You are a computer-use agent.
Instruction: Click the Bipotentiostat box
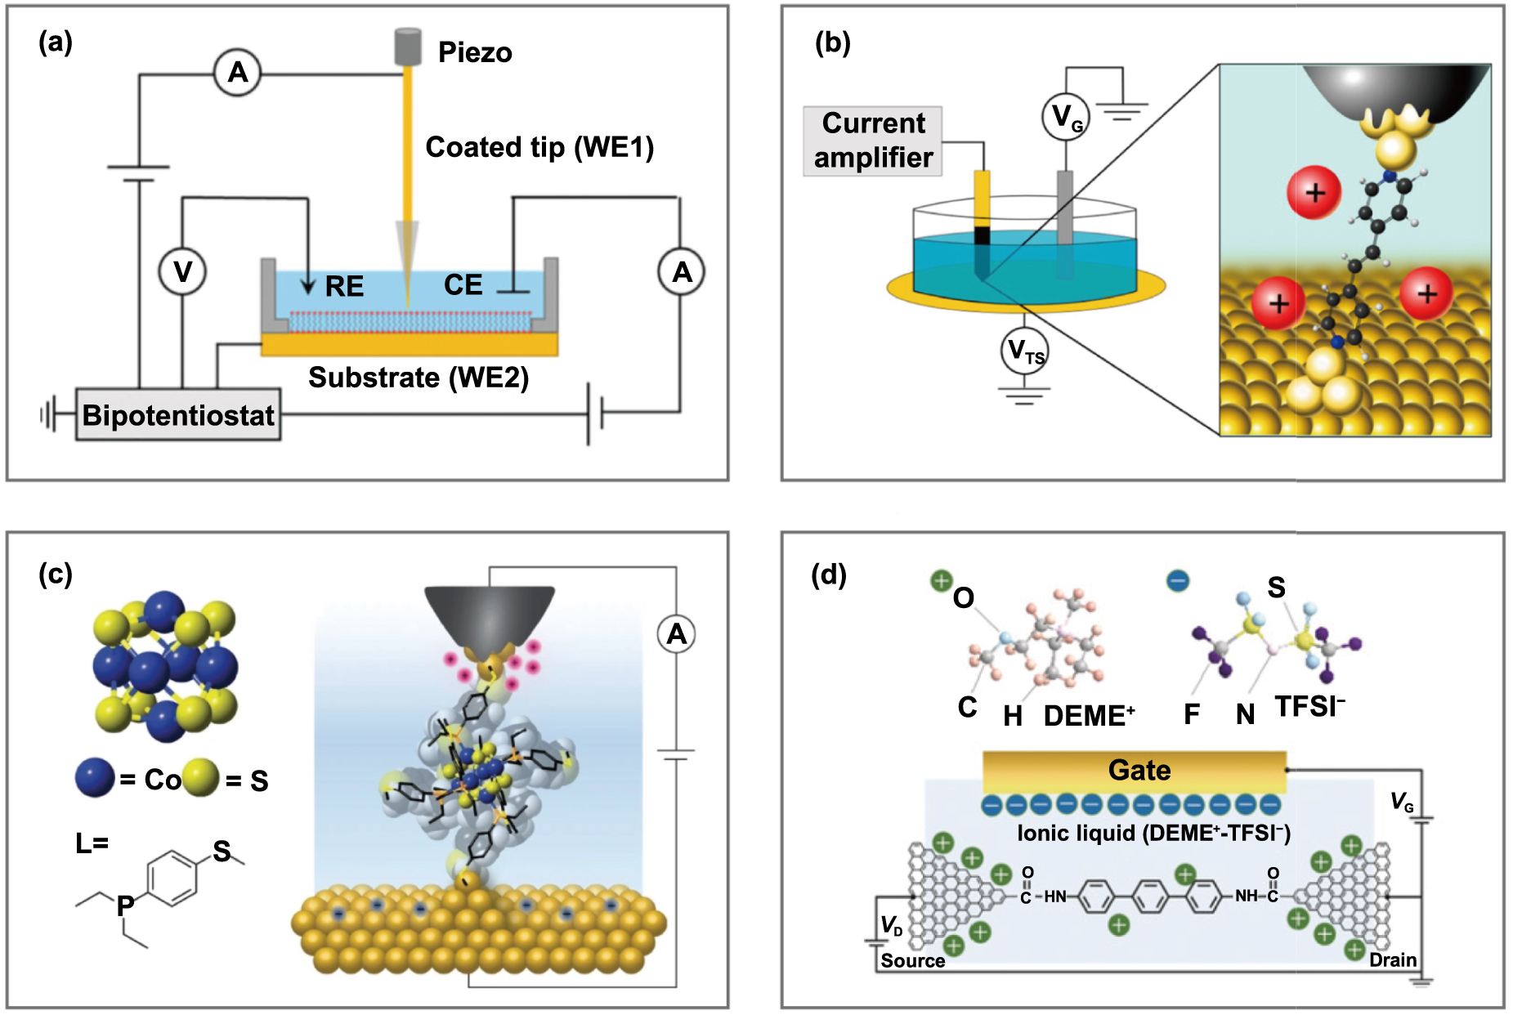[178, 415]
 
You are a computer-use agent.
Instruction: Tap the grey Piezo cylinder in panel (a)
[408, 47]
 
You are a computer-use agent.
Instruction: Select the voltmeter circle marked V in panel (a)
[182, 271]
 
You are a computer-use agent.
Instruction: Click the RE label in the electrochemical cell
[344, 286]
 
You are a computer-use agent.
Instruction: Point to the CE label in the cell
[463, 284]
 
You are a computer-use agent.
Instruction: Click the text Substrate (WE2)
[419, 378]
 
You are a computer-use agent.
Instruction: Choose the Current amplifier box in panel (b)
[873, 141]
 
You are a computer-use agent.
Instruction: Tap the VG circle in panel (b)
[1066, 117]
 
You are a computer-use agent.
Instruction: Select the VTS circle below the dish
[1024, 351]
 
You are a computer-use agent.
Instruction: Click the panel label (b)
[832, 42]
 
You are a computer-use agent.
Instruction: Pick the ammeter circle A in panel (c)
[676, 634]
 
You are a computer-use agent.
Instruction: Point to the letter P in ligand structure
[125, 905]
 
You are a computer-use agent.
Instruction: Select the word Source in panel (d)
[912, 960]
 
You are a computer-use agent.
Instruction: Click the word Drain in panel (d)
[1393, 959]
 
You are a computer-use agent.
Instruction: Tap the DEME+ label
[1089, 716]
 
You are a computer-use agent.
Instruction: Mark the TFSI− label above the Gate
[1309, 706]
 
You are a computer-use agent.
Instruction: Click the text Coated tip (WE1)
[539, 147]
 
